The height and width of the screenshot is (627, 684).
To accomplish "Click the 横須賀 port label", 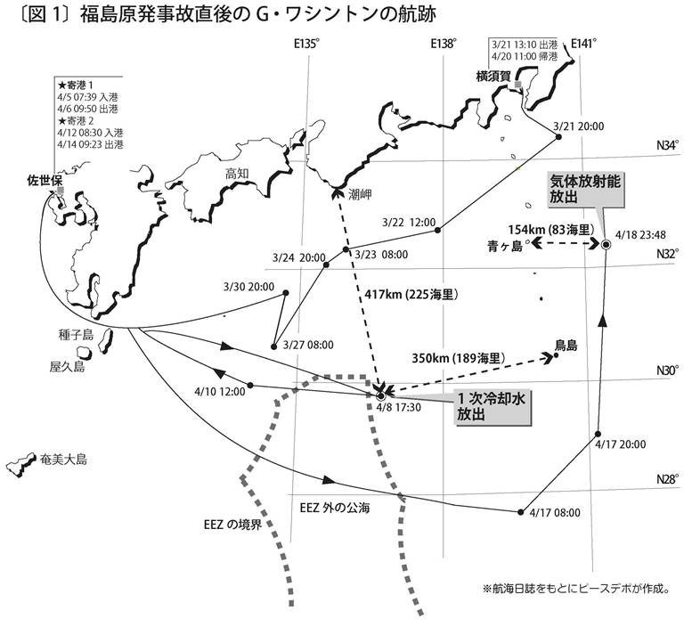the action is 493,77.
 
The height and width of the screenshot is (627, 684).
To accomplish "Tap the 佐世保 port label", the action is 45,181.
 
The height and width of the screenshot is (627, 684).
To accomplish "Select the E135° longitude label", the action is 307,44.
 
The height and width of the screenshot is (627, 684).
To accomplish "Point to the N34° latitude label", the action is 668,145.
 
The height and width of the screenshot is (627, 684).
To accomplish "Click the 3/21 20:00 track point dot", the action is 558,137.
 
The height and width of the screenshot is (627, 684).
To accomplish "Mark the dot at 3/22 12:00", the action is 438,230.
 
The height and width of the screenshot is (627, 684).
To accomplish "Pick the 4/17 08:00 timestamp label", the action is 555,512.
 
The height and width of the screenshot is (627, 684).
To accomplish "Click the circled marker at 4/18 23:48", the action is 606,244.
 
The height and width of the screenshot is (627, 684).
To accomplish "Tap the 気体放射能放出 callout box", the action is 584,189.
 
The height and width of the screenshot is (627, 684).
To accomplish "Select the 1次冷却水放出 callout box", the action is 493,406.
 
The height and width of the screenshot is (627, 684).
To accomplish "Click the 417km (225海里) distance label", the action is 411,295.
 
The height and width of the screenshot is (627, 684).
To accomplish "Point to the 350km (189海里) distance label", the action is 459,358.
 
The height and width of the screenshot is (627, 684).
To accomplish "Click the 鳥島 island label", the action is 566,346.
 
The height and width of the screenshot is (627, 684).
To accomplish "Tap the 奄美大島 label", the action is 63,459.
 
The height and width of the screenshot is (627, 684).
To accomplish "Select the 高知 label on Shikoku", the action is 237,174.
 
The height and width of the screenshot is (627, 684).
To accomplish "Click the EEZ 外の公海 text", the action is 335,508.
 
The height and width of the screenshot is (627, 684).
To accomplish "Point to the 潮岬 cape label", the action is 360,194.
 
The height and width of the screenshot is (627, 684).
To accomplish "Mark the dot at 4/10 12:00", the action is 250,385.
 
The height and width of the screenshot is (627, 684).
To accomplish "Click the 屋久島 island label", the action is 67,367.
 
